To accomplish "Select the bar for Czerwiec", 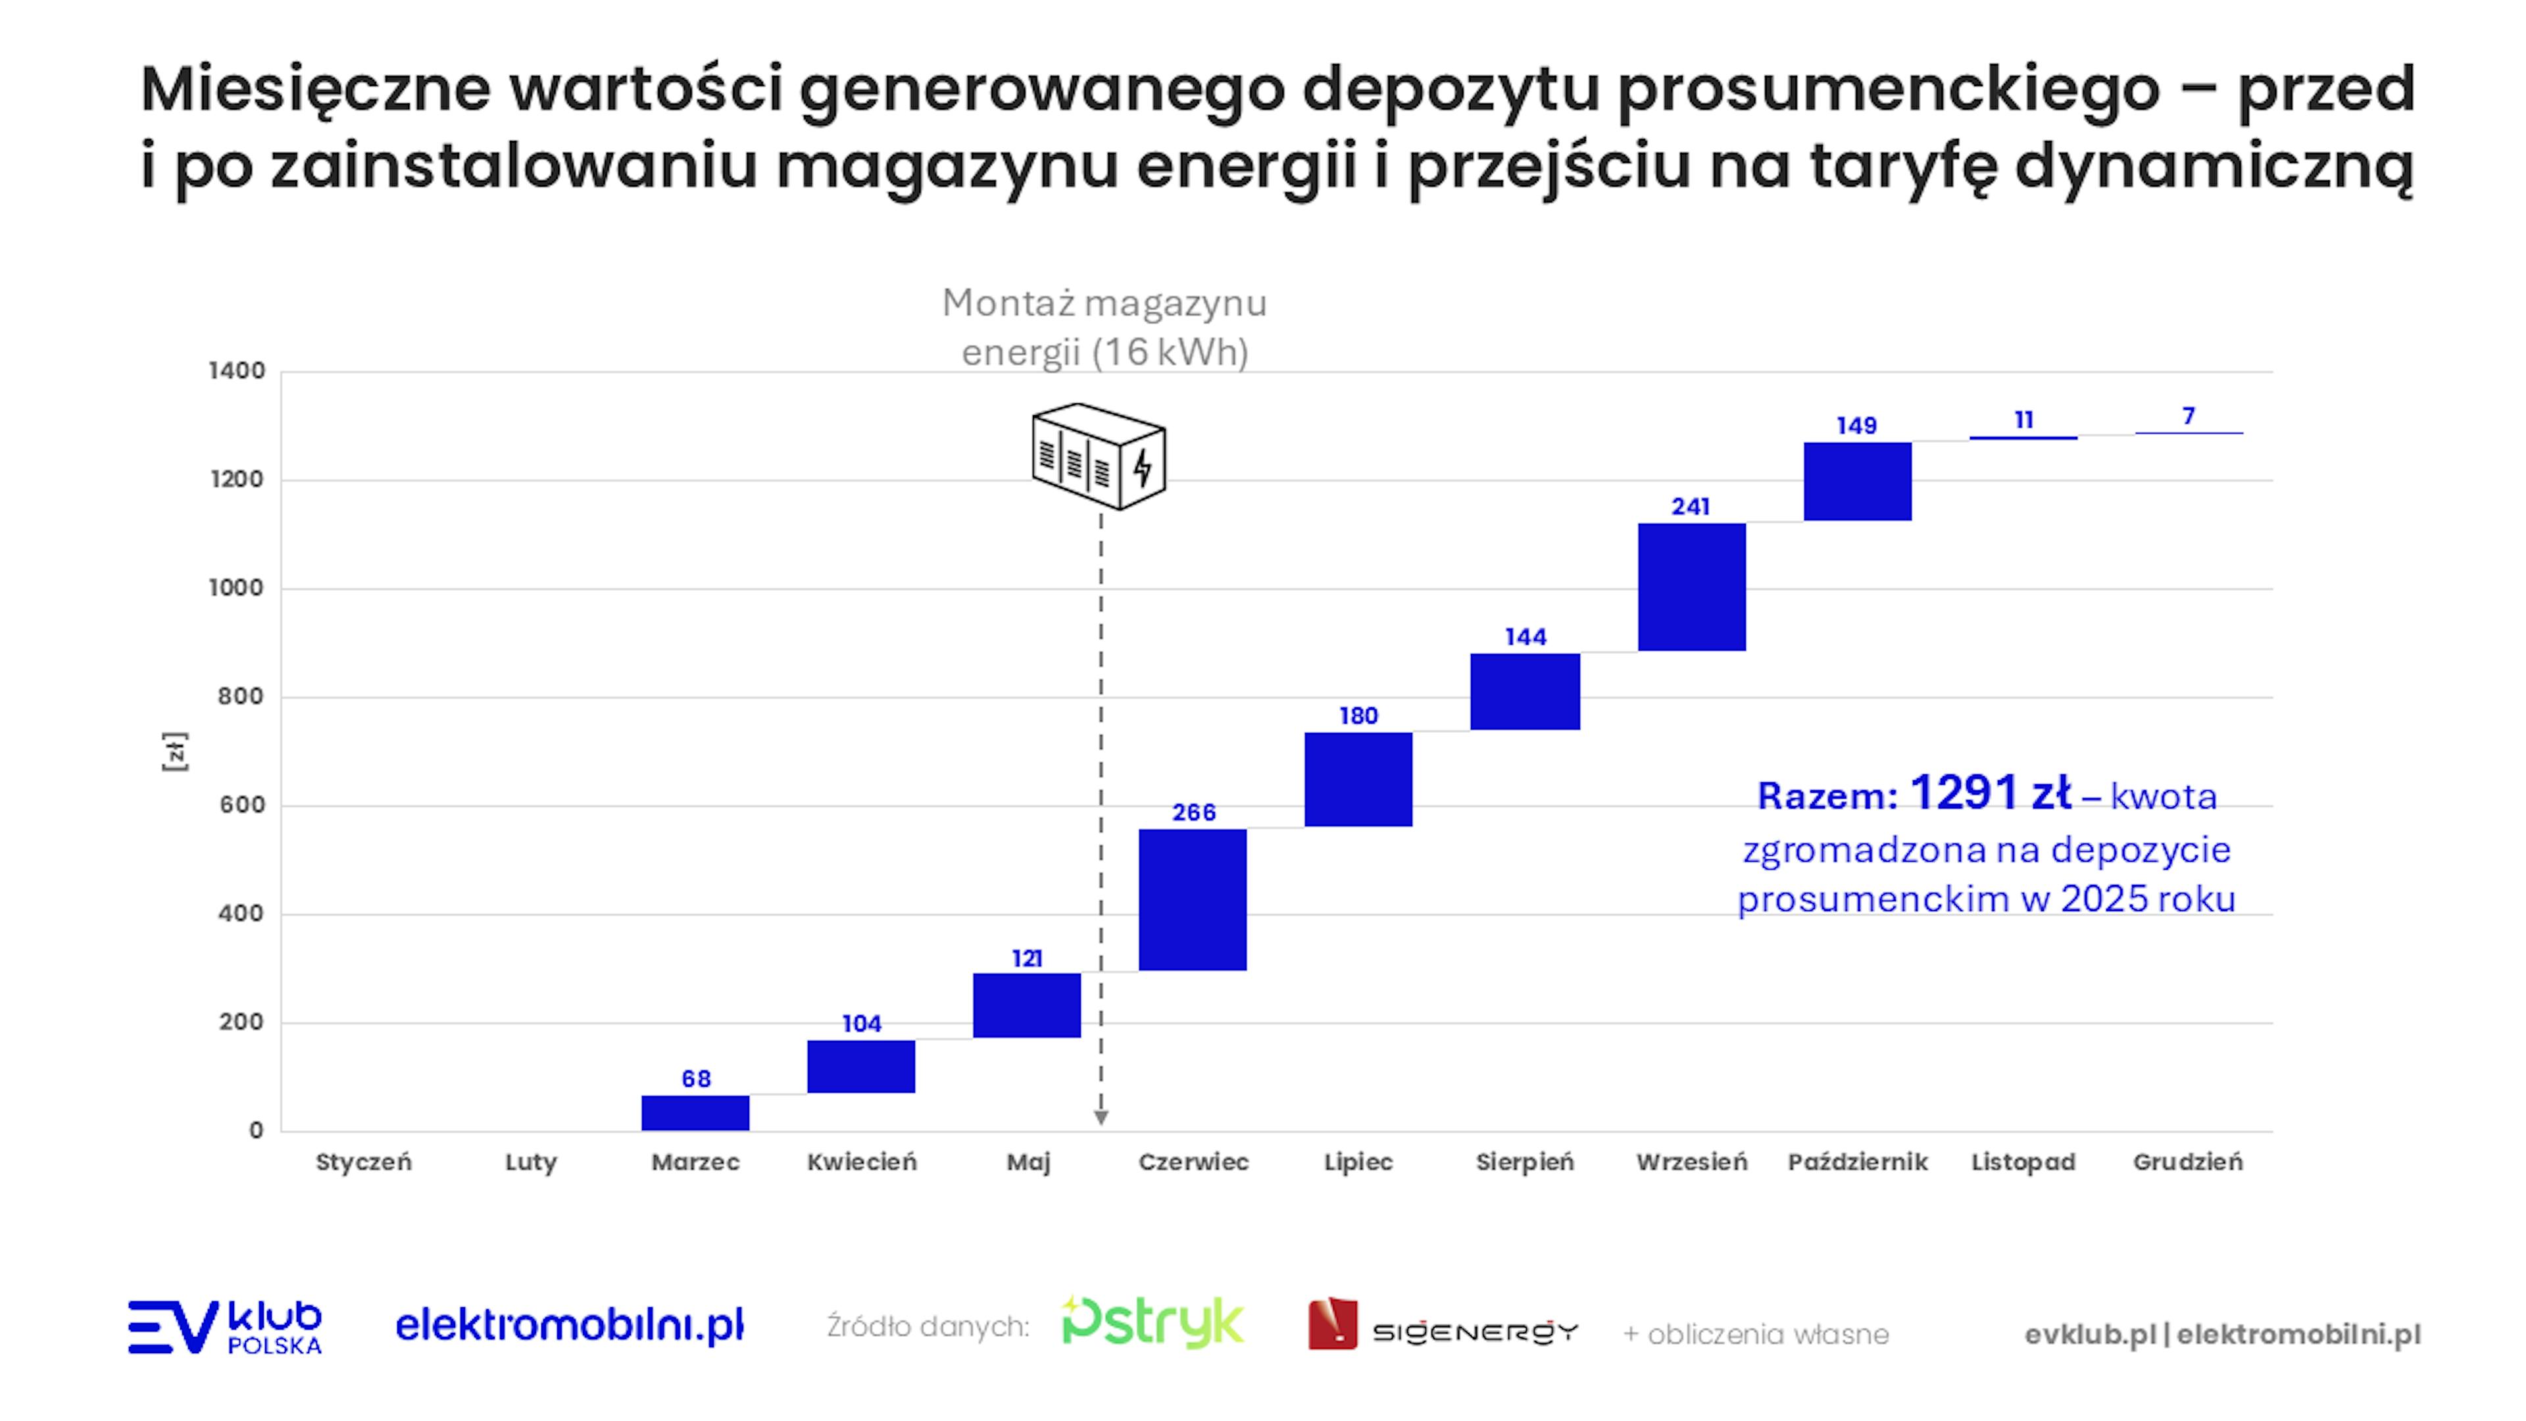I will pos(1193,899).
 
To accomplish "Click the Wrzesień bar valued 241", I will pos(1691,586).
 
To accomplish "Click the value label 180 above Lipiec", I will pos(1358,716).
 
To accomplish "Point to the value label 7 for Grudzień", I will pos(2189,416).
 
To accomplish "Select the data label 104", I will pos(862,1024).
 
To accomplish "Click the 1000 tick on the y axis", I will pos(236,587).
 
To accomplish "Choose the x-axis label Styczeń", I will pos(364,1162).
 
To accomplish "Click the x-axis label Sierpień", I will pos(1525,1162).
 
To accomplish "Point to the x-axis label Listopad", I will pos(2023,1162).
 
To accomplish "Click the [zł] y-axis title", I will pos(174,751).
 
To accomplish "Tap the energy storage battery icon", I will pos(1099,456).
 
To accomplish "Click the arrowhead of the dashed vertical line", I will pos(1101,1118).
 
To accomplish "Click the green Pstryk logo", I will pos(1152,1323).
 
